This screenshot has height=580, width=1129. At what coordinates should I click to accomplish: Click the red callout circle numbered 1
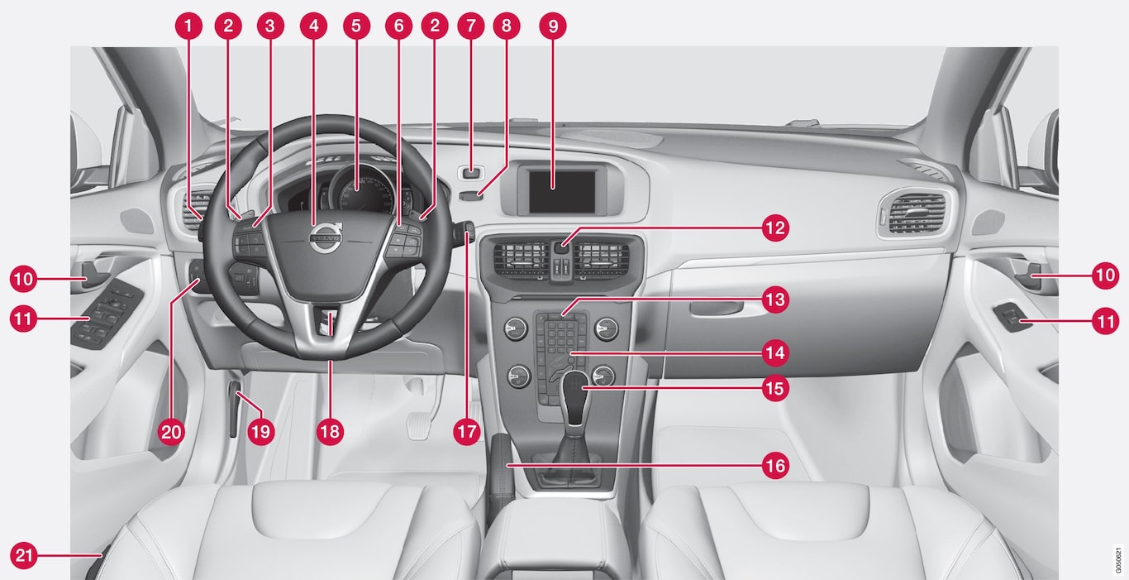pyautogui.click(x=188, y=26)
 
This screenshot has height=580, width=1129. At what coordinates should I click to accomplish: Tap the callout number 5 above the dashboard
pyautogui.click(x=356, y=26)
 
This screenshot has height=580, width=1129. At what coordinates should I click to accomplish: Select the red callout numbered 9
pyautogui.click(x=553, y=26)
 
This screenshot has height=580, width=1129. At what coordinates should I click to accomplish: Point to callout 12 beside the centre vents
pyautogui.click(x=775, y=228)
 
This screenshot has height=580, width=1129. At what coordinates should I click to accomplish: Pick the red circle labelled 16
pyautogui.click(x=775, y=466)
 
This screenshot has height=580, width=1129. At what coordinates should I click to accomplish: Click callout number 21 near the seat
pyautogui.click(x=24, y=555)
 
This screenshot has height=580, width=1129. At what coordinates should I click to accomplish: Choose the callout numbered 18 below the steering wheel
pyautogui.click(x=330, y=432)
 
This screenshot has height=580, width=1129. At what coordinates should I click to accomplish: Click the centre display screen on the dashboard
pyautogui.click(x=562, y=192)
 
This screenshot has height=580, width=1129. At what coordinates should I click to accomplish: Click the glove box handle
pyautogui.click(x=725, y=309)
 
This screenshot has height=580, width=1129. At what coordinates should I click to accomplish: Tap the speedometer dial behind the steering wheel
pyautogui.click(x=360, y=192)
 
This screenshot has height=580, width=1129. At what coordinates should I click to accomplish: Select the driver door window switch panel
pyautogui.click(x=107, y=316)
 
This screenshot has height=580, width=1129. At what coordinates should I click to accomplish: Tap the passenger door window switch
pyautogui.click(x=1012, y=318)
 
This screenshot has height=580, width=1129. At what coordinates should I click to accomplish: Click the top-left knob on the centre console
pyautogui.click(x=516, y=329)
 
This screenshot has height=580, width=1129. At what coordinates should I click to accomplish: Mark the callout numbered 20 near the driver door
pyautogui.click(x=171, y=432)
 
